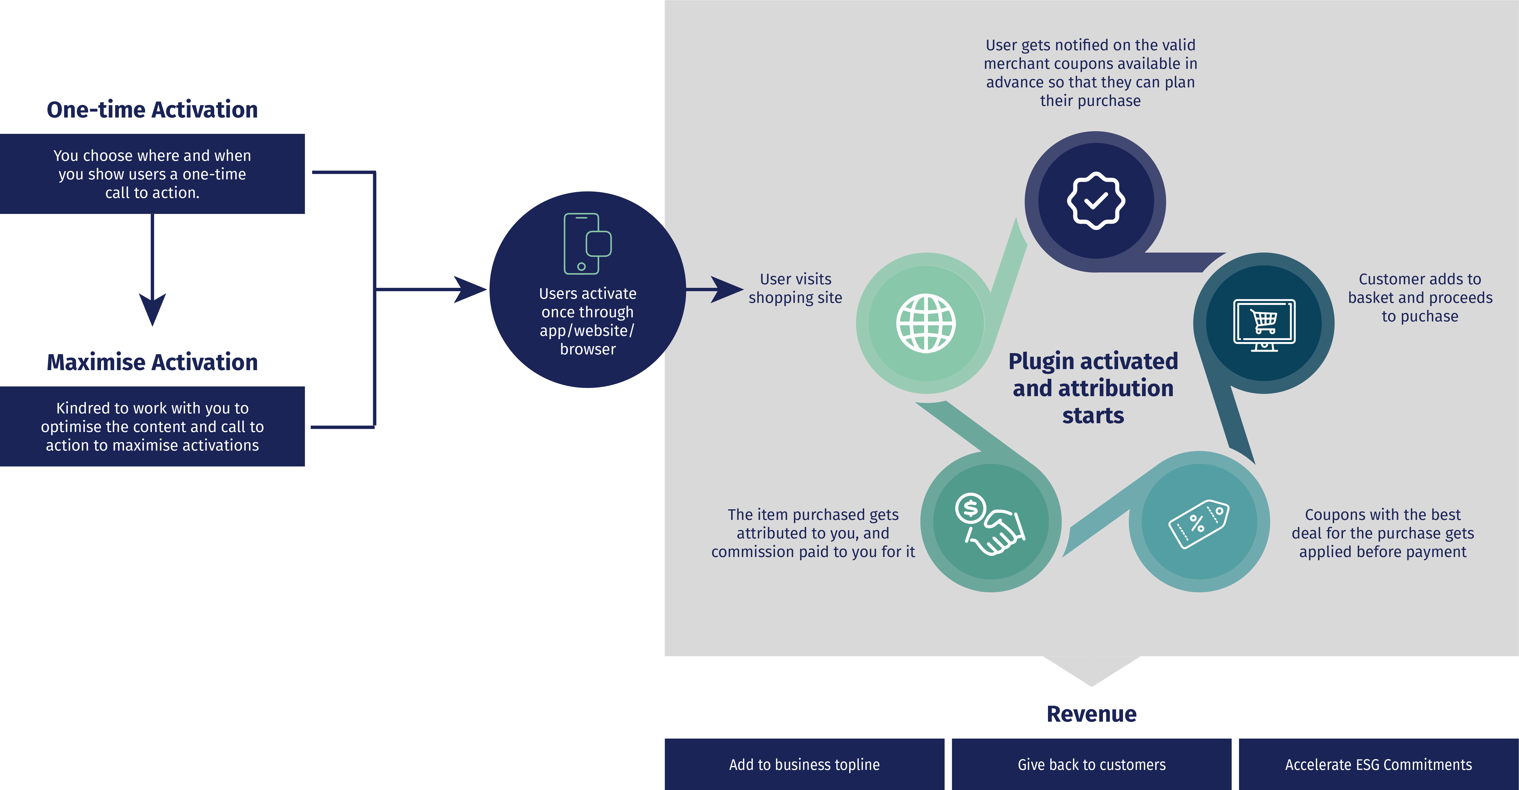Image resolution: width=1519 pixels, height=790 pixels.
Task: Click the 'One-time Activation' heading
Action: pyautogui.click(x=152, y=110)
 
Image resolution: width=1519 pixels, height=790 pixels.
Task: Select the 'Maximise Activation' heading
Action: pyautogui.click(x=152, y=362)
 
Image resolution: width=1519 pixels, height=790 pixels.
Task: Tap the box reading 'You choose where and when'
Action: pyautogui.click(x=152, y=174)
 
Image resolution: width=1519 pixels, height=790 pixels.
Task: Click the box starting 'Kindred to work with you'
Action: pyautogui.click(x=152, y=426)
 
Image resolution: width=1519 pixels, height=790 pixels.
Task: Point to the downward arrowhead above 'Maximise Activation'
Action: pyautogui.click(x=152, y=308)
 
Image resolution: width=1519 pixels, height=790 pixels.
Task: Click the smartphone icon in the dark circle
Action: pyautogui.click(x=587, y=244)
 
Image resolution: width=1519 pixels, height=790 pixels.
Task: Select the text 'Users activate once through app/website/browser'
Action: pyautogui.click(x=587, y=321)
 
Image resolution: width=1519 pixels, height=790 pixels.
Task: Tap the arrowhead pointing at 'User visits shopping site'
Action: pyautogui.click(x=727, y=289)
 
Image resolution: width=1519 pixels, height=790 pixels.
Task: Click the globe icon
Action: pyautogui.click(x=926, y=323)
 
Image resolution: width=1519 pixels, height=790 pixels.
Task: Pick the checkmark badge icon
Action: pyautogui.click(x=1096, y=201)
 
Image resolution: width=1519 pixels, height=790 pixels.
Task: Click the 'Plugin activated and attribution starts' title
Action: pyautogui.click(x=1093, y=388)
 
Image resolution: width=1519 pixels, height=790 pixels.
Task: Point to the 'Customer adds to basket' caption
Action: pyautogui.click(x=1420, y=298)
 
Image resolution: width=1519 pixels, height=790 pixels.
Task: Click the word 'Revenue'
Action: pyautogui.click(x=1092, y=714)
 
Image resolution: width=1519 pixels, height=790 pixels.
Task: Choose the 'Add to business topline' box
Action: pyautogui.click(x=804, y=765)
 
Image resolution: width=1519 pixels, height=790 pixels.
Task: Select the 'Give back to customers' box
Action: pyautogui.click(x=1092, y=765)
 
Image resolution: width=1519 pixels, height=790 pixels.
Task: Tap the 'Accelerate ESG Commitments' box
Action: pyautogui.click(x=1379, y=765)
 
